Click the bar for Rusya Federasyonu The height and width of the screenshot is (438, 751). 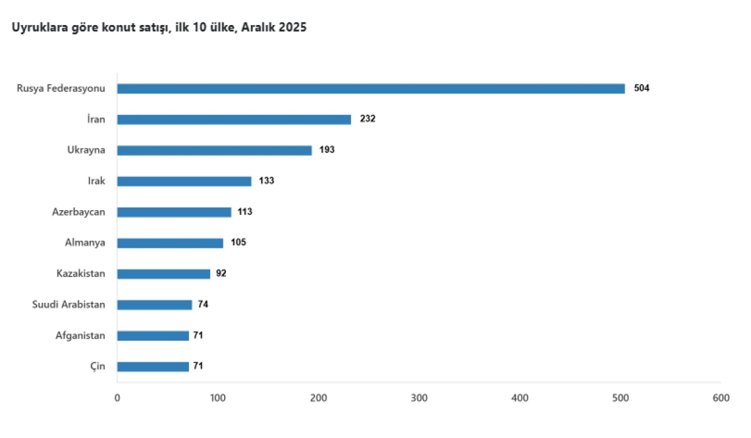[x=370, y=89]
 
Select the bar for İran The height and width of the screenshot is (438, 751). [x=234, y=120]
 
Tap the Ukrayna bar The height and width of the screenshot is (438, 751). [x=214, y=150]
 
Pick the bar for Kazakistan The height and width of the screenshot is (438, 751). [x=163, y=274]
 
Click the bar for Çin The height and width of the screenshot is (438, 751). [x=153, y=367]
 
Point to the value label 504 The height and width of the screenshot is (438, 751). [x=641, y=88]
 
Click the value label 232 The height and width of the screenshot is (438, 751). [x=367, y=119]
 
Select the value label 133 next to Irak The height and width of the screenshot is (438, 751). [x=267, y=181]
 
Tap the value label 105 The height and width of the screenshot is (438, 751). [x=238, y=243]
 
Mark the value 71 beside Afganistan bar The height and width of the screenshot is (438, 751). [x=198, y=335]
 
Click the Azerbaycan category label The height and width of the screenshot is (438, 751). [x=78, y=212]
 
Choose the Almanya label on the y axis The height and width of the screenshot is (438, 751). [x=85, y=243]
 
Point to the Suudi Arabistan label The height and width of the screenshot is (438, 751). [x=68, y=305]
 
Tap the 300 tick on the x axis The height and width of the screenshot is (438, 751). [x=419, y=398]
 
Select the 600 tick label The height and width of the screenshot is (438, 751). [x=721, y=398]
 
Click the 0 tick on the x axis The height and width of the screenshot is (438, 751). [x=117, y=398]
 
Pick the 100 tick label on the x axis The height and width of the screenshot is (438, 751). [x=218, y=398]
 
